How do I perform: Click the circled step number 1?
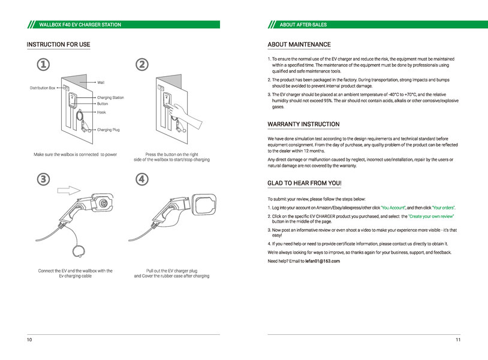click(43, 64)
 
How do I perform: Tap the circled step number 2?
click(142, 64)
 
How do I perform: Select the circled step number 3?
click(43, 179)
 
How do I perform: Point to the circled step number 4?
click(142, 179)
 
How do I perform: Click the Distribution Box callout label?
click(43, 88)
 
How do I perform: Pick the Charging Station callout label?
click(110, 97)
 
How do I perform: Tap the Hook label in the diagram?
click(102, 112)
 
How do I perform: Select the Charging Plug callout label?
click(109, 130)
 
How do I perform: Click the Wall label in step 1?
click(101, 82)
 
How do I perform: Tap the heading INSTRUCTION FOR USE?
click(58, 44)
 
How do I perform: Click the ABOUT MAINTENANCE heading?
click(299, 44)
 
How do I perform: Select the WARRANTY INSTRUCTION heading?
click(303, 124)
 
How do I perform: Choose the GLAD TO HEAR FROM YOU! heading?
click(305, 182)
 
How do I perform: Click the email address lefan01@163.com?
click(323, 262)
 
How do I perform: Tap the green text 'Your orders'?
click(444, 207)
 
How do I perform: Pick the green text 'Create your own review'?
click(431, 215)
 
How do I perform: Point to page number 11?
click(457, 340)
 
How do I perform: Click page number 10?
click(29, 340)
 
